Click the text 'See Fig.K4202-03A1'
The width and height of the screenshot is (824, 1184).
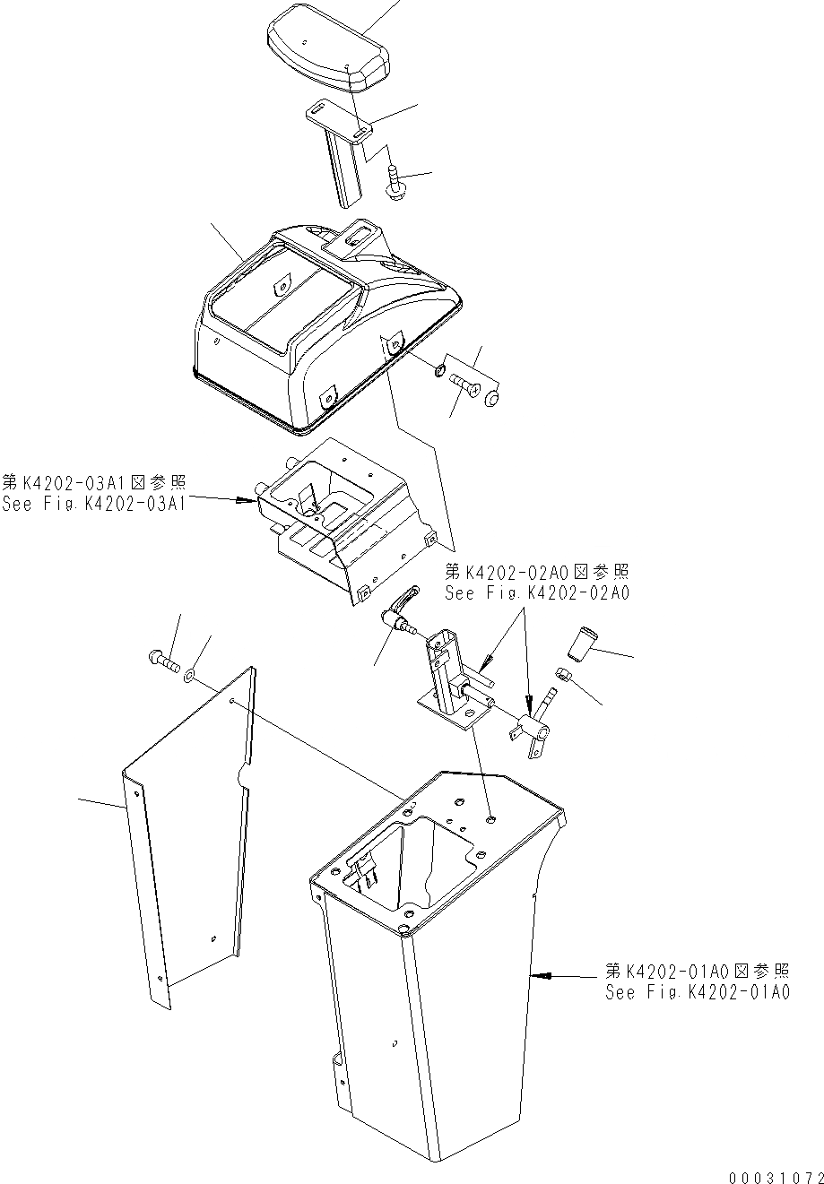[93, 504]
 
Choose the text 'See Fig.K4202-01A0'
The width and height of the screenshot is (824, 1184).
[697, 992]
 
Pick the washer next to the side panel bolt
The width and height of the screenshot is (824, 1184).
[191, 670]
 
